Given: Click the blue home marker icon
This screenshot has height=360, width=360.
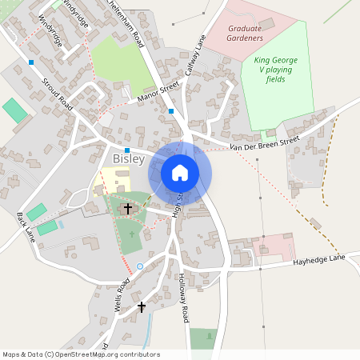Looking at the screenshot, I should click(180, 172).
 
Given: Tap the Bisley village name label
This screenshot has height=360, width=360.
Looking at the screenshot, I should click(128, 159).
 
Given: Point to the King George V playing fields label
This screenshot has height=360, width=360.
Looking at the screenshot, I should click(274, 70).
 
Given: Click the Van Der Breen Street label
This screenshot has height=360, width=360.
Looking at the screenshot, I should click(264, 143).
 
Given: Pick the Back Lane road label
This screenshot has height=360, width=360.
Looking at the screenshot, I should click(26, 227).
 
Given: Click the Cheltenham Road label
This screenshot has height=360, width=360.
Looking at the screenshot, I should click(127, 26).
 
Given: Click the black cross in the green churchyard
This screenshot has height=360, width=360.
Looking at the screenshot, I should click(126, 210).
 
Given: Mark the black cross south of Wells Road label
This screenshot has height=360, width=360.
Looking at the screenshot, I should click(142, 306).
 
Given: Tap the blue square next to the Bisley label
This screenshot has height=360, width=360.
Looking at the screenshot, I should click(127, 150).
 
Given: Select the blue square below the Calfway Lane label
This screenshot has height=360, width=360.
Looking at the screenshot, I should click(171, 111).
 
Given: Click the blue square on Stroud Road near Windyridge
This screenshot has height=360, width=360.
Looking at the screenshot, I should click(31, 62).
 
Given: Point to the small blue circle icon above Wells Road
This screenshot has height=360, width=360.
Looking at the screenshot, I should click(140, 266).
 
